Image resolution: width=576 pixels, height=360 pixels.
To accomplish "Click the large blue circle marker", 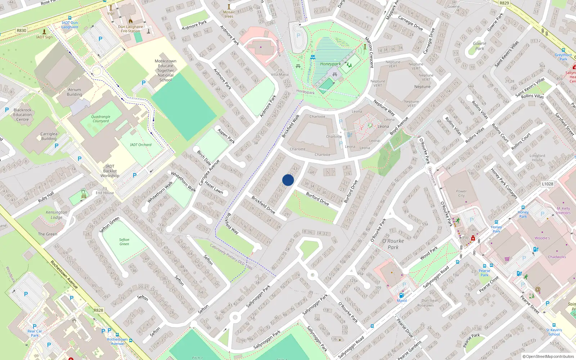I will click(288, 180).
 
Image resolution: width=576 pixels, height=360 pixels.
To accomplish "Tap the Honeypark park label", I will click(330, 64).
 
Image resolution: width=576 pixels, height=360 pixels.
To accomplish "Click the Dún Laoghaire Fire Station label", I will click(130, 29).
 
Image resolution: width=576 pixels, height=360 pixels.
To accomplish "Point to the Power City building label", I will click(461, 193).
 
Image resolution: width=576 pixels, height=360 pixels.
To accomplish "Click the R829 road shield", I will click(504, 3).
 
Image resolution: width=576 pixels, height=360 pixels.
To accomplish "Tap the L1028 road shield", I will click(547, 184).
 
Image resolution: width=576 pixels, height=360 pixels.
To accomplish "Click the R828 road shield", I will click(98, 310).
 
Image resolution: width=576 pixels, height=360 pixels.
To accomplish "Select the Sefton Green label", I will click(124, 242).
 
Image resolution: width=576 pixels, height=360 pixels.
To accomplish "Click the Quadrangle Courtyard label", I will click(100, 119).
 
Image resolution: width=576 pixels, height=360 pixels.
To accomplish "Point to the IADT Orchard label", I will click(140, 145).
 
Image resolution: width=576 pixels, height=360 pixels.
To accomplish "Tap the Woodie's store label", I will click(542, 238).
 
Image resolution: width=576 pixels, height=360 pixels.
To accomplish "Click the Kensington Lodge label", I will click(57, 215).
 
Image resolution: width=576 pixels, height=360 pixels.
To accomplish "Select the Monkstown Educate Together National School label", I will click(166, 71).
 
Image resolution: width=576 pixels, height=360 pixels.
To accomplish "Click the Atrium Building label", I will click(75, 92).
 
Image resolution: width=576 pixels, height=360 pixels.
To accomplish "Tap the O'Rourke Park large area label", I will click(393, 244).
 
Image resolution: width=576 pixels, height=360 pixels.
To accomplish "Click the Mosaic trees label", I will click(229, 14).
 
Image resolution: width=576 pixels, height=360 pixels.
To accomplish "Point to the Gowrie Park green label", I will click(480, 46).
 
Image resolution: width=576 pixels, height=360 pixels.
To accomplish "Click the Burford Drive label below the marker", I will click(317, 199).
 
